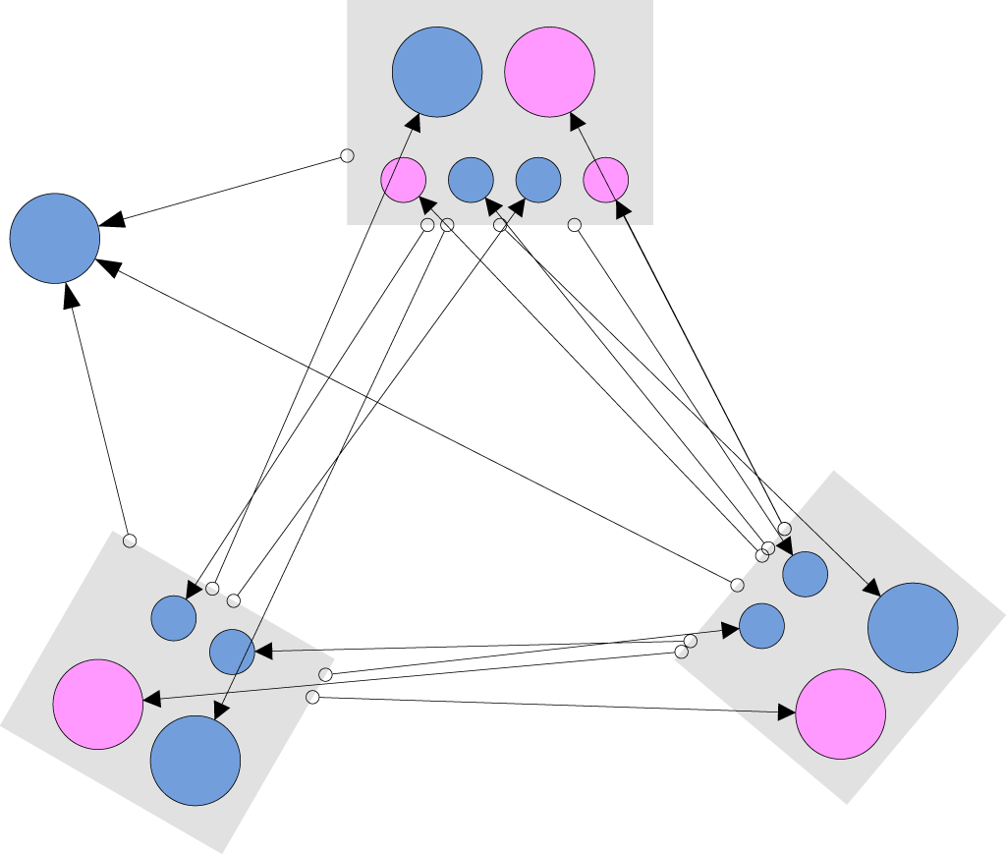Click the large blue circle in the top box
[437, 72]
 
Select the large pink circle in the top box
[549, 72]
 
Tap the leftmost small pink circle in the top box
[403, 180]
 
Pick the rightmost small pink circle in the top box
[605, 180]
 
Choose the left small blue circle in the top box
[471, 180]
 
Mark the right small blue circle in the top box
[538, 180]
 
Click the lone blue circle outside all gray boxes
[55, 238]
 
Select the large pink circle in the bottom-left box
[98, 704]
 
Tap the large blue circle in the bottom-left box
[196, 761]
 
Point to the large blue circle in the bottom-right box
[913, 628]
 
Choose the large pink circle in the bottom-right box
[840, 714]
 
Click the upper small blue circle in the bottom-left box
[174, 618]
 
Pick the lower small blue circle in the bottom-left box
[232, 651]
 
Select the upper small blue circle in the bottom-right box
[805, 574]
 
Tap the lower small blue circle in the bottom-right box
[761, 626]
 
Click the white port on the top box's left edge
[347, 155]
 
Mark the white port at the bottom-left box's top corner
[129, 540]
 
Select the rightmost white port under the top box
[575, 225]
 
